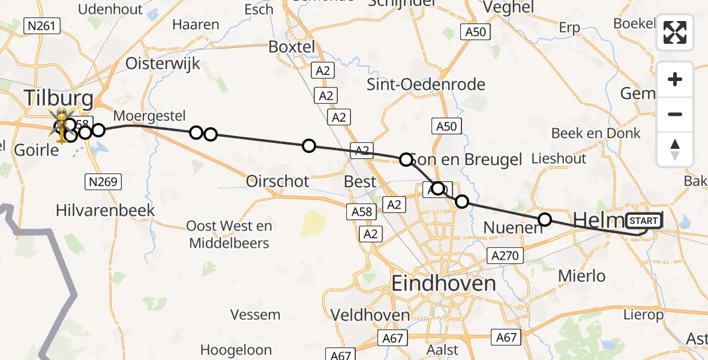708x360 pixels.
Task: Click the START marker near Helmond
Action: click(x=644, y=221)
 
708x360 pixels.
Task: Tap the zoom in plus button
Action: click(x=675, y=79)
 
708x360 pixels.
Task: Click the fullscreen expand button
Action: click(x=675, y=32)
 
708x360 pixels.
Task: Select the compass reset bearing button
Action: click(x=675, y=149)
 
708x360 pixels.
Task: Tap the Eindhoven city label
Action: click(x=443, y=283)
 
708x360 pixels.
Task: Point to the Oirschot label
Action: click(x=278, y=181)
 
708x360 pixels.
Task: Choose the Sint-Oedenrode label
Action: click(x=426, y=85)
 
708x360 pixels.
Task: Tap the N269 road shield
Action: click(x=103, y=182)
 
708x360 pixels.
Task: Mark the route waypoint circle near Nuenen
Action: click(x=545, y=220)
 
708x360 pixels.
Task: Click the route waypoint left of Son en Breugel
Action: click(x=406, y=160)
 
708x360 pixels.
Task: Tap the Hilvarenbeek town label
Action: click(x=105, y=210)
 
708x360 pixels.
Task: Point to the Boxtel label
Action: click(x=292, y=46)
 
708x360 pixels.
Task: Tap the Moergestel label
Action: click(x=149, y=115)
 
